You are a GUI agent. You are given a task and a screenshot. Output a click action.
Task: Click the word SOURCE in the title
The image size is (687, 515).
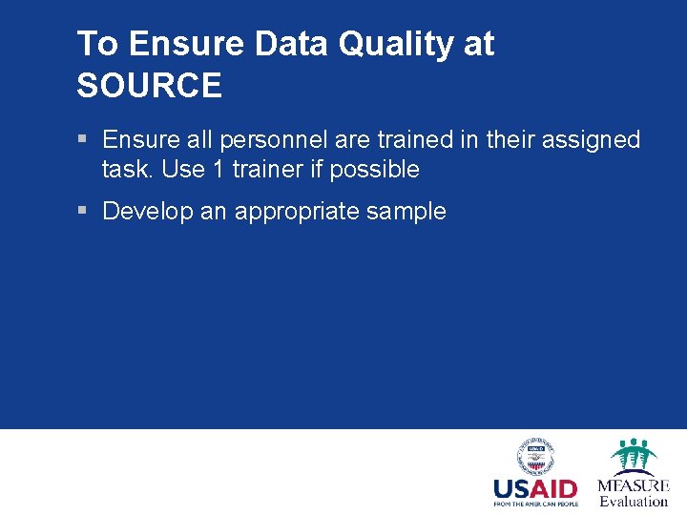149,86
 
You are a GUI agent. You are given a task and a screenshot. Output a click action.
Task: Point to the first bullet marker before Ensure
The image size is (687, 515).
83,139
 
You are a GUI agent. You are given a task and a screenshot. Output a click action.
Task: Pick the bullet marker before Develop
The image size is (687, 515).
83,211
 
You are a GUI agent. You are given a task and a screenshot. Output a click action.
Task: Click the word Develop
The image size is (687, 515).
148,212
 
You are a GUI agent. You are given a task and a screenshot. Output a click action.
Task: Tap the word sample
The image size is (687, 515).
406,212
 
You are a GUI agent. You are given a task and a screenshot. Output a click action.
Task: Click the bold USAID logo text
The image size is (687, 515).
535,488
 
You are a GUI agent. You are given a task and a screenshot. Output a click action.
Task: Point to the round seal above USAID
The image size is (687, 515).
535,456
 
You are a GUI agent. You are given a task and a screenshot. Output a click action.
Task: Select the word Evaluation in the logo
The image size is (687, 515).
634,502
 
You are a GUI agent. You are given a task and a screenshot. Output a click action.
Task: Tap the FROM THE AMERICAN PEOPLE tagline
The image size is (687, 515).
535,504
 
